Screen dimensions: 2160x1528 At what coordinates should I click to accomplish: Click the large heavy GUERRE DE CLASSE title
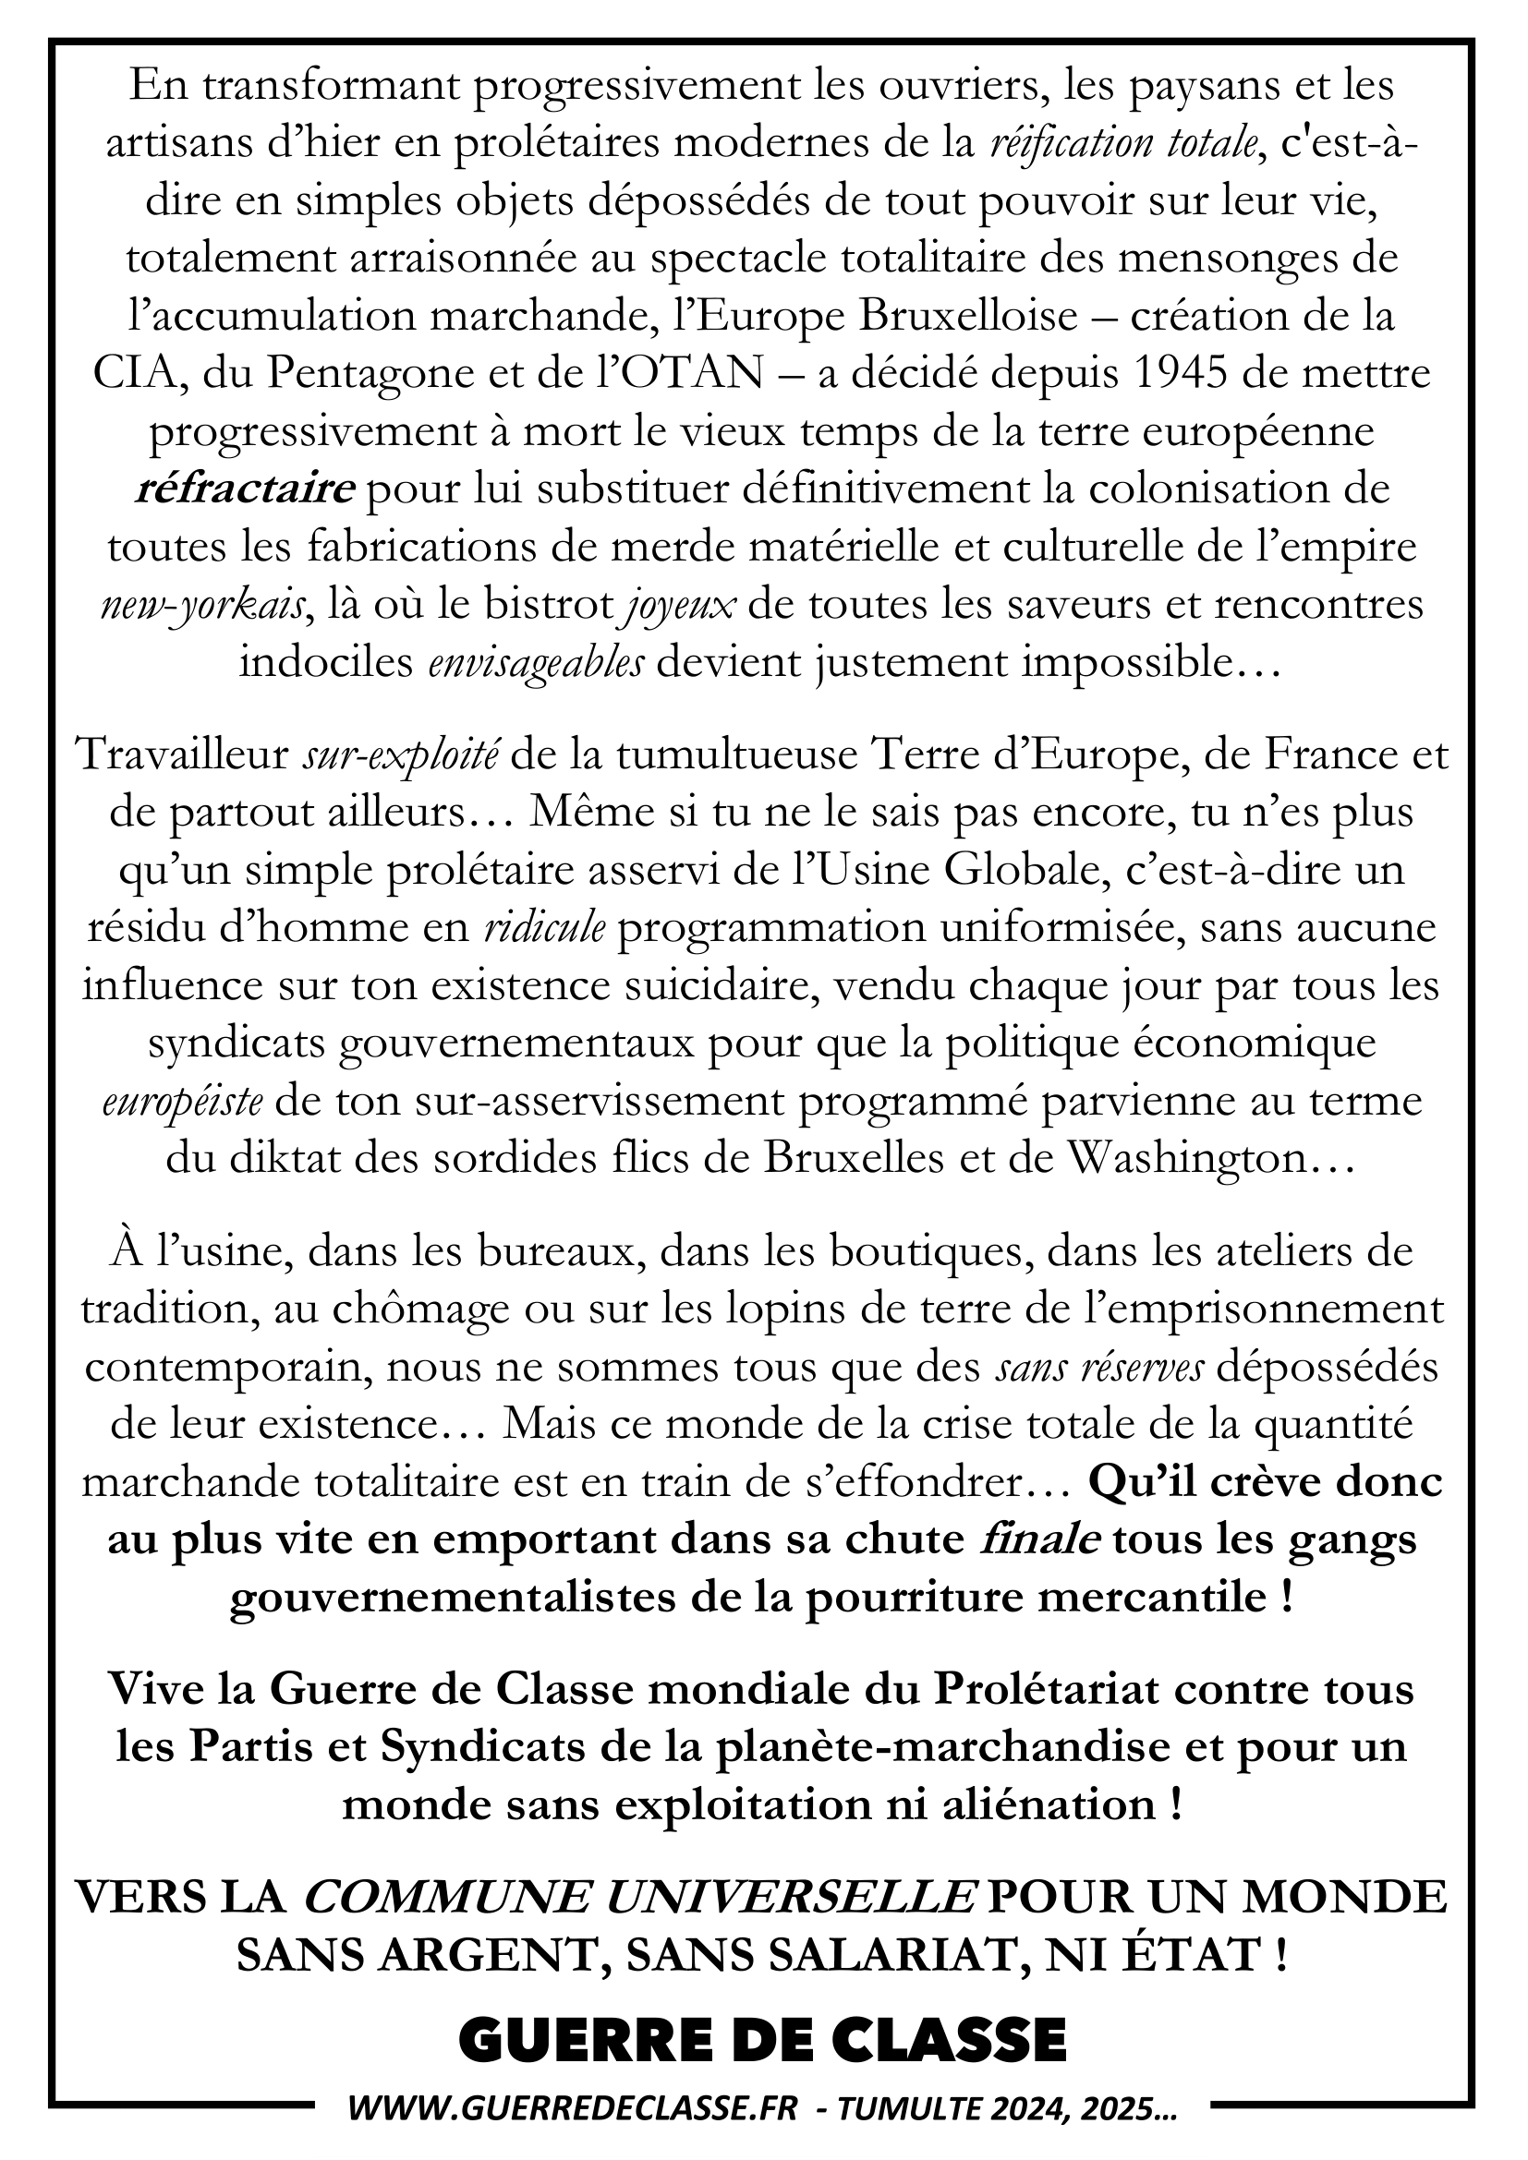pos(763,2014)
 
